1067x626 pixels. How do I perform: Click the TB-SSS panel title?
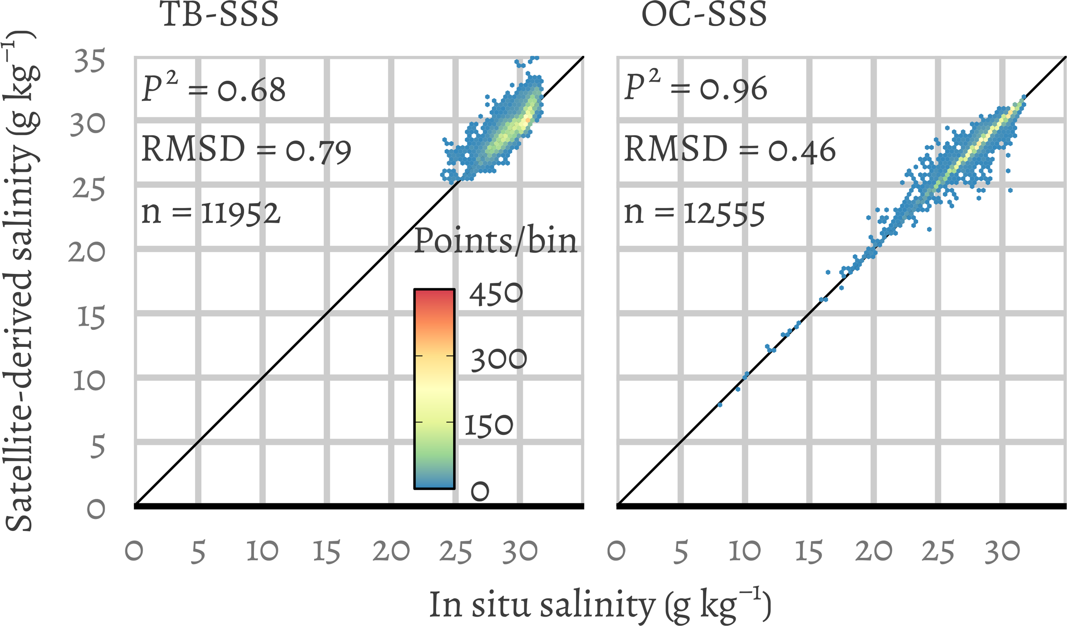pos(219,15)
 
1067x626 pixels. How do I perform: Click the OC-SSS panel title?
pos(704,15)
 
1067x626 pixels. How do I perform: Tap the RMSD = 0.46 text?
pos(729,150)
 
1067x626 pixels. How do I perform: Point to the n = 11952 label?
pos(211,213)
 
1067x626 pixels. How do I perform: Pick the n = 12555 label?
pos(694,213)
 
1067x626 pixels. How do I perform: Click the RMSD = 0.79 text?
pos(246,150)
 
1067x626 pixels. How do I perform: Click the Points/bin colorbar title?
pos(495,242)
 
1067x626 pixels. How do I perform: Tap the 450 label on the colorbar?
pos(496,294)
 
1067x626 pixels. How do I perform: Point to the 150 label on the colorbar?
pos(488,425)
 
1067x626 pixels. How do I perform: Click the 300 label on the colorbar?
pos(499,359)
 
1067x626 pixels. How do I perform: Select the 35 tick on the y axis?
pos(89,61)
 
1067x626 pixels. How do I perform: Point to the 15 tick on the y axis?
pos(91,317)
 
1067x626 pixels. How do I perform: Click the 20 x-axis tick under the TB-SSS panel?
pos(391,551)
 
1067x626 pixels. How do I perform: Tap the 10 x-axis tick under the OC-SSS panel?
pos(744,551)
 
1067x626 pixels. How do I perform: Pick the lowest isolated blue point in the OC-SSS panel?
pos(720,405)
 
